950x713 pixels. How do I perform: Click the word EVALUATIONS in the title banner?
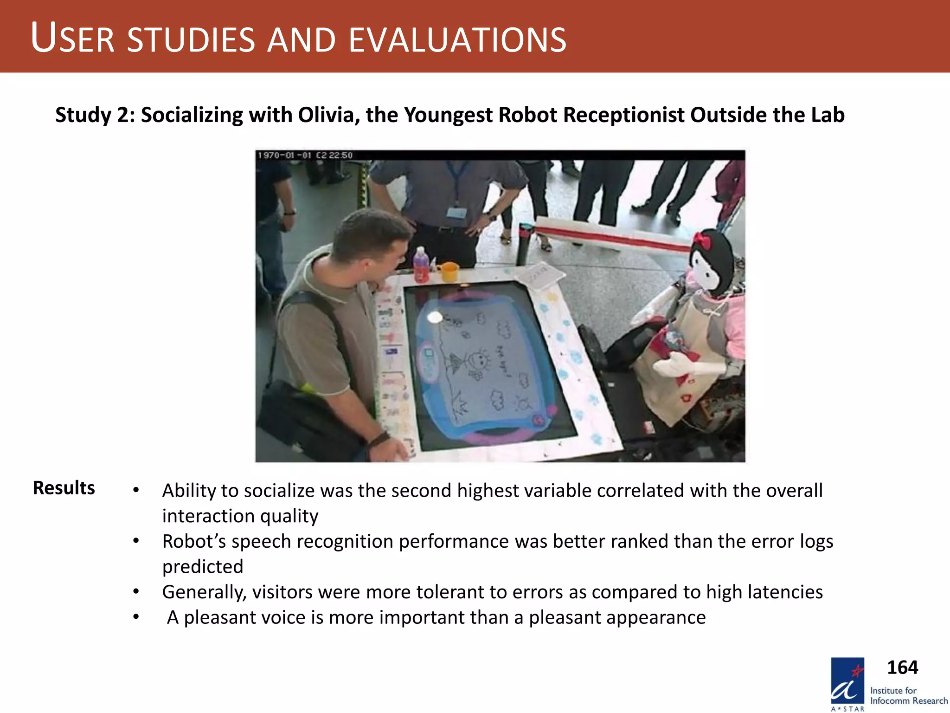457,40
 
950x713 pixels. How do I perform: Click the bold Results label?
64,488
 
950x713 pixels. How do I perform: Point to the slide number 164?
902,667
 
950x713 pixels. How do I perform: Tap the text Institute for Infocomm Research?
908,695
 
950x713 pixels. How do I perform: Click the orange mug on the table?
449,272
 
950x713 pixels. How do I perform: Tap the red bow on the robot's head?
701,240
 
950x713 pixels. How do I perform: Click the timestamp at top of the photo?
305,155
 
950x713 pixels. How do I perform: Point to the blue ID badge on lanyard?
456,213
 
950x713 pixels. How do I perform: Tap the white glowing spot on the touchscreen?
435,317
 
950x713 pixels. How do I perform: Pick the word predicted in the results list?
203,566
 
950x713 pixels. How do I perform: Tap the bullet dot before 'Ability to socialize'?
135,490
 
